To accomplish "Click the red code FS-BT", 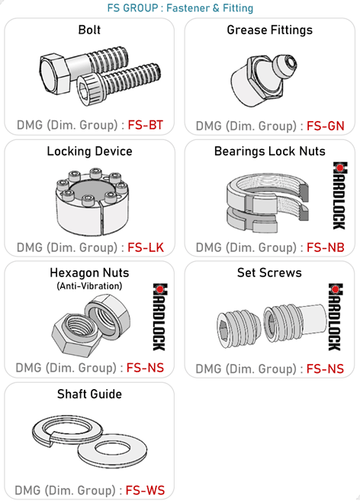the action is (x=146, y=125).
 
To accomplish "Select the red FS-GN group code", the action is (x=325, y=126).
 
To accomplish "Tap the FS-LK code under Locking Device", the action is (x=146, y=247).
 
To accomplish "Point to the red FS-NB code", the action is (x=325, y=247).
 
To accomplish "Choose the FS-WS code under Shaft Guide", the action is (x=145, y=490).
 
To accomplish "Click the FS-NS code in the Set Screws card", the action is (x=325, y=368).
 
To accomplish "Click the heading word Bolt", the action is (x=89, y=30).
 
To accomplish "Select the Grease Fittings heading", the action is (x=269, y=30).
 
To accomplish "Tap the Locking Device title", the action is (x=89, y=151).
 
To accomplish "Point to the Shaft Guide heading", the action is (x=89, y=394).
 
